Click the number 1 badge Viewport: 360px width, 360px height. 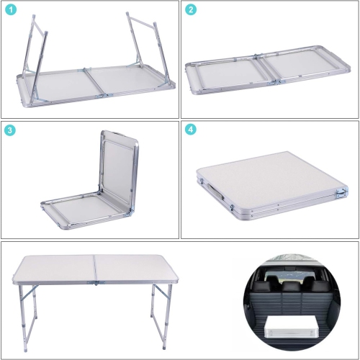pos(12,10)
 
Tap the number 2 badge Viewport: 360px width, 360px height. pos(191,10)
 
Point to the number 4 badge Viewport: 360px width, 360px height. pos(191,130)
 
